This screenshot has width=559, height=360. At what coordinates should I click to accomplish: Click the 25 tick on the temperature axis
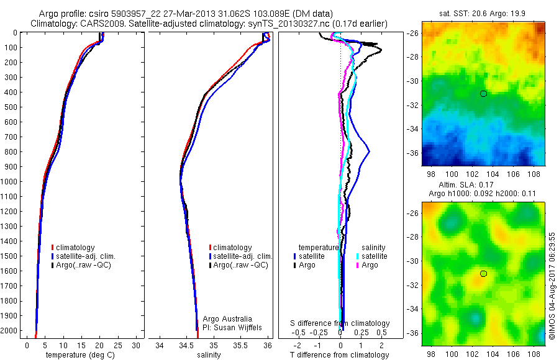click(118, 345)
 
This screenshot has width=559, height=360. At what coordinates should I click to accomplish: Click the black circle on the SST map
click(483, 93)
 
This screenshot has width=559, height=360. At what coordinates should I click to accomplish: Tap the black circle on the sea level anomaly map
click(483, 274)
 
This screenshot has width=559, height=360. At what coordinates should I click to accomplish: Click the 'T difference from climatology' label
click(340, 355)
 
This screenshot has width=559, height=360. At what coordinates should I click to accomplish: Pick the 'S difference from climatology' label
click(340, 323)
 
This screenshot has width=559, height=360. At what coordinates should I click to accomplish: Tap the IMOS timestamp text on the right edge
click(552, 288)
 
